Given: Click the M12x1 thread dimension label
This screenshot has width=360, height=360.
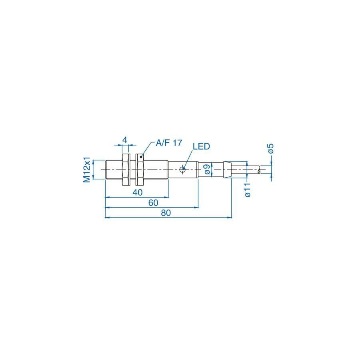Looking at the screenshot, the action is pyautogui.click(x=87, y=170).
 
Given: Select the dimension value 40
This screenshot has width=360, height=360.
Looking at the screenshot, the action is pyautogui.click(x=138, y=192).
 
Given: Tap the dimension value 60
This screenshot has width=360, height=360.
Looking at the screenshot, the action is pyautogui.click(x=153, y=203).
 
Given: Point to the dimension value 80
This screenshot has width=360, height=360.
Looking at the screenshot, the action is pyautogui.click(x=166, y=213).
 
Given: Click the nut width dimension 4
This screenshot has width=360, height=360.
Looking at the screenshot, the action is pyautogui.click(x=125, y=140).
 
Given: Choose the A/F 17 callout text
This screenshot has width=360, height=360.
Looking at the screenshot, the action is pyautogui.click(x=169, y=143).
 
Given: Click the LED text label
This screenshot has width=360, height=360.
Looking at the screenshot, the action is pyautogui.click(x=201, y=146).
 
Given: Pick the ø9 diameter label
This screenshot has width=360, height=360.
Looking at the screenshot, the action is pyautogui.click(x=207, y=170).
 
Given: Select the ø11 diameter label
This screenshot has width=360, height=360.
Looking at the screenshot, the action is pyautogui.click(x=248, y=190).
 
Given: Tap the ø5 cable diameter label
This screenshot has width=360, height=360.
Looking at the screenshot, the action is pyautogui.click(x=271, y=148).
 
